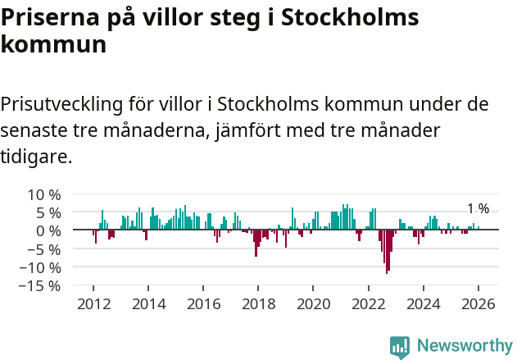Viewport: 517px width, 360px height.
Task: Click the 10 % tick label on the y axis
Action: pyautogui.click(x=44, y=195)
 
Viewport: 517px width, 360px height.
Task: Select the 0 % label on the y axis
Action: pyautogui.click(x=48, y=231)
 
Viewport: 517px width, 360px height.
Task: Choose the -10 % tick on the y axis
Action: pyautogui.click(x=42, y=267)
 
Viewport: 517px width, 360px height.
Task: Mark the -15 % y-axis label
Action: pyautogui.click(x=42, y=285)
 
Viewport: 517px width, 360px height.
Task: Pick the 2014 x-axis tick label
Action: pyautogui.click(x=148, y=303)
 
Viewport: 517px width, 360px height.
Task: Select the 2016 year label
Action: pyautogui.click(x=203, y=303)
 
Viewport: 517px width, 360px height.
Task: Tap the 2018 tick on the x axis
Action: pyautogui.click(x=258, y=303)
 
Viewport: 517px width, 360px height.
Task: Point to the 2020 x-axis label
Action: pyautogui.click(x=313, y=303)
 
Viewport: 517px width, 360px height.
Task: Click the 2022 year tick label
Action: pyautogui.click(x=369, y=303)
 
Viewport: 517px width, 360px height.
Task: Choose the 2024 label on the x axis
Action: pyautogui.click(x=424, y=303)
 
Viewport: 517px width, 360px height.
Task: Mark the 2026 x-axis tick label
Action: pyautogui.click(x=478, y=303)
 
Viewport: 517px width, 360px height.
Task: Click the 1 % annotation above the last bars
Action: pyautogui.click(x=478, y=209)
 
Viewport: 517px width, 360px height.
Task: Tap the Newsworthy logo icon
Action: pyautogui.click(x=400, y=347)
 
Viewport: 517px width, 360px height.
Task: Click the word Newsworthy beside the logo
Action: pyautogui.click(x=464, y=347)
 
